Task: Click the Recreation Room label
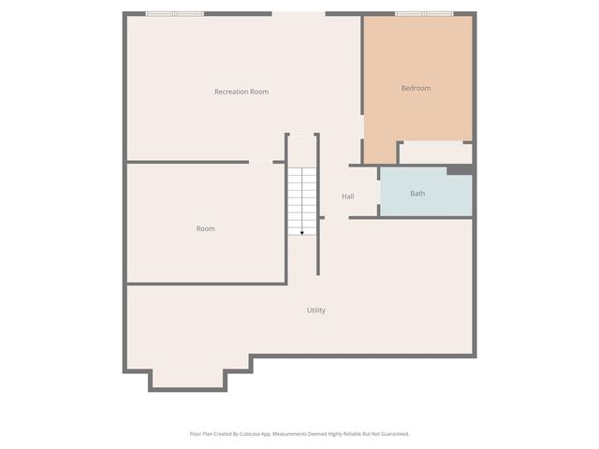(241, 92)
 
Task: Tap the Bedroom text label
(416, 88)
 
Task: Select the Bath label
(417, 194)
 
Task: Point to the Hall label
(348, 196)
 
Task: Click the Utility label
(316, 310)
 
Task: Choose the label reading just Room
(205, 228)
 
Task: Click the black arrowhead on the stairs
(301, 232)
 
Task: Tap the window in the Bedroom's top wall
(424, 14)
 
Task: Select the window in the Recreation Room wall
(174, 14)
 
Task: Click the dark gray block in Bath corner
(460, 170)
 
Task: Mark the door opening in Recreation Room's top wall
(299, 14)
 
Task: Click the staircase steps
(301, 198)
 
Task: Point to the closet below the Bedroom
(435, 153)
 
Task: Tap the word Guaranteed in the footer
(391, 434)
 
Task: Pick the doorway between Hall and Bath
(378, 193)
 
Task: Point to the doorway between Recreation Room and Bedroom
(363, 128)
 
